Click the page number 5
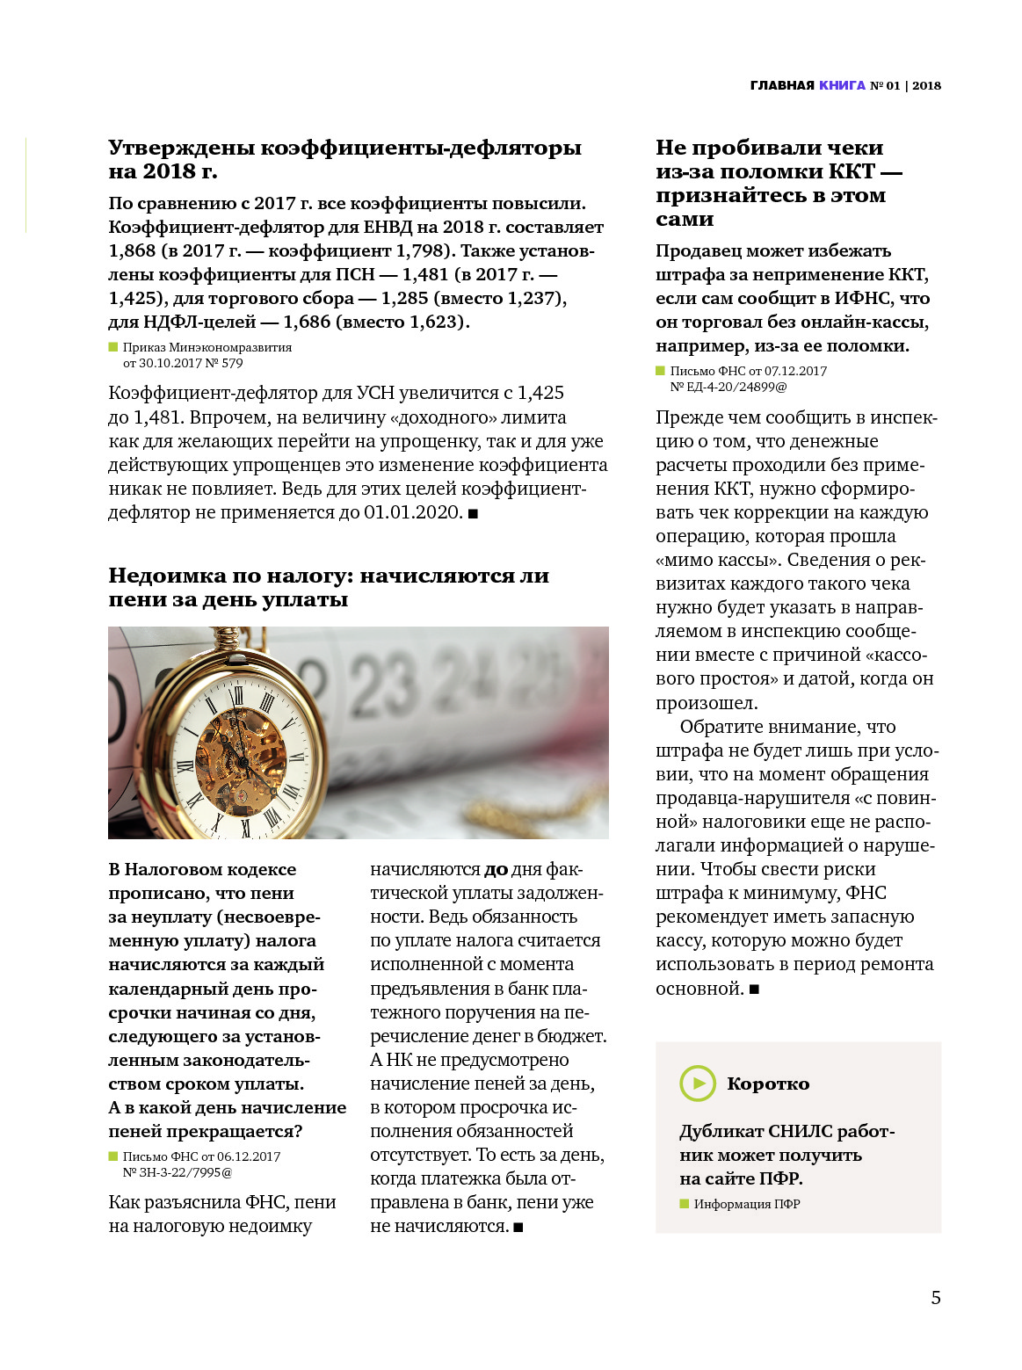click(x=935, y=1297)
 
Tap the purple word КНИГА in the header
click(x=842, y=85)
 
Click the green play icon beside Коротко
click(x=698, y=1083)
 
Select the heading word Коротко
click(x=768, y=1084)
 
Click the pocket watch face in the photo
click(x=239, y=757)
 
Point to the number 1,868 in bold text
click(x=132, y=250)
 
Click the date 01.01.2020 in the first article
click(x=413, y=512)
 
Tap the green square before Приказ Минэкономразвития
click(x=113, y=347)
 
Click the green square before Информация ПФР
click(x=685, y=1204)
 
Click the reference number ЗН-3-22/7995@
click(x=178, y=1172)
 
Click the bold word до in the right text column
click(x=496, y=870)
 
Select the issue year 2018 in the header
click(x=926, y=85)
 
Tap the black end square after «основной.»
click(x=754, y=989)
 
